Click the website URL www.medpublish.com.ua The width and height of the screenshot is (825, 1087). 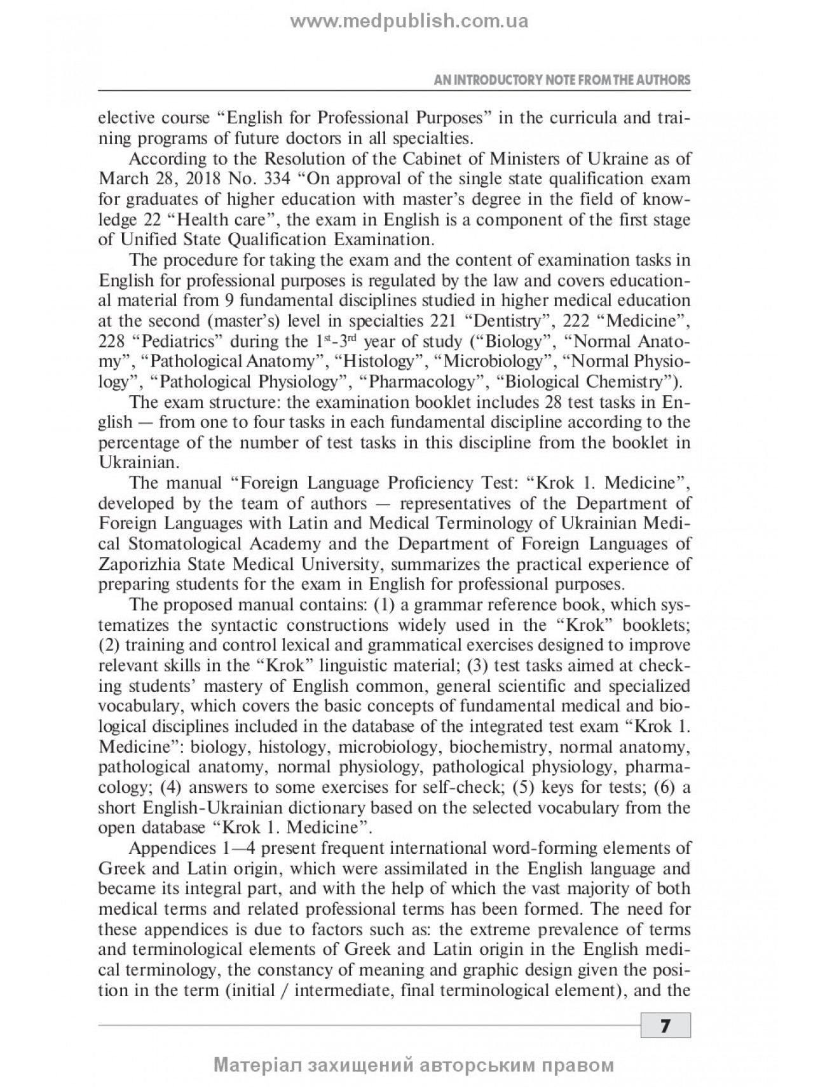point(409,21)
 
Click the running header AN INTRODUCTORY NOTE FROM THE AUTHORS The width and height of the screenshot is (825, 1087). point(562,81)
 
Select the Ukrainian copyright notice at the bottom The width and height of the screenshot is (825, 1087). point(414,1065)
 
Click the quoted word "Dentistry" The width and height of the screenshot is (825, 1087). point(499,321)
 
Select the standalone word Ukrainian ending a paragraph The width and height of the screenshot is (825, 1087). point(130,462)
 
